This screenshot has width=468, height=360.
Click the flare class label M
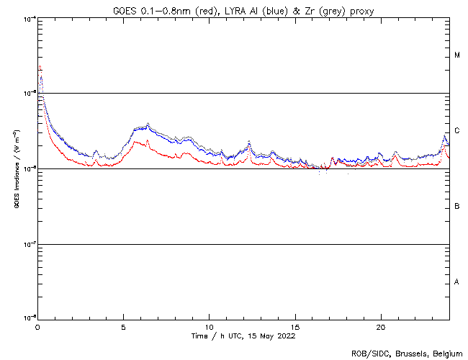(457, 55)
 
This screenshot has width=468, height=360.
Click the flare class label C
(457, 131)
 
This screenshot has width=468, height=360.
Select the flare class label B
(457, 207)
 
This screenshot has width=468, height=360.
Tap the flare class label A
(457, 282)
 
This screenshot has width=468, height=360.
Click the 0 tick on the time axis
(37, 327)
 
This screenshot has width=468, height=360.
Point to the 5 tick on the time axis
(123, 327)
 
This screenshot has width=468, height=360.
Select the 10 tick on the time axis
(209, 327)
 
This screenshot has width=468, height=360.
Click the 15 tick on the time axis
(294, 327)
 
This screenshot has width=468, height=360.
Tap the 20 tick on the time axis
(380, 327)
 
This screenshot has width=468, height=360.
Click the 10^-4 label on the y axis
(30, 18)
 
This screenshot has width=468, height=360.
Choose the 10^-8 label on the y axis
(30, 318)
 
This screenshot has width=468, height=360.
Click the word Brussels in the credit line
(409, 353)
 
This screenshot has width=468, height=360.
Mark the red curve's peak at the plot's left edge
(40, 67)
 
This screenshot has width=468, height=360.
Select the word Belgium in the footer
(445, 353)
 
